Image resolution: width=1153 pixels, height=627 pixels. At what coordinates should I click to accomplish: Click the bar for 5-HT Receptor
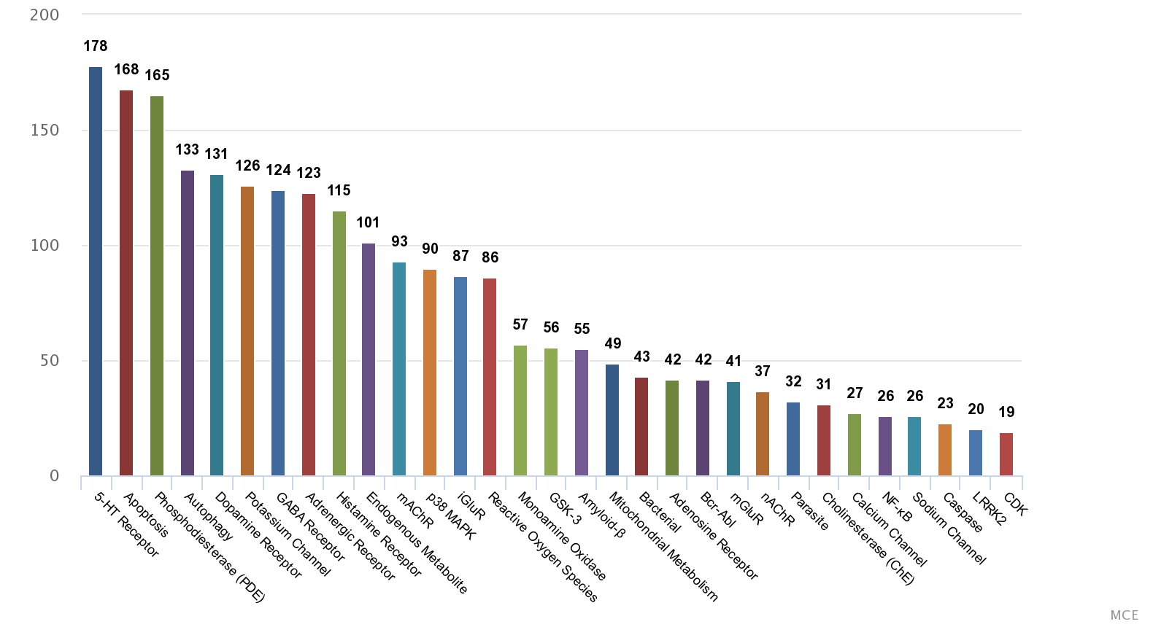pyautogui.click(x=96, y=271)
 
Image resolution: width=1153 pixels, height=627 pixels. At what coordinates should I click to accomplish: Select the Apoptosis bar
pyautogui.click(x=126, y=283)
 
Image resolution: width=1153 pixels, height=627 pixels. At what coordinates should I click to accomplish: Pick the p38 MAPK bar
pyautogui.click(x=430, y=373)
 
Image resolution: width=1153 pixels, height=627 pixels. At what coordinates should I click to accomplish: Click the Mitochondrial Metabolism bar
pyautogui.click(x=612, y=420)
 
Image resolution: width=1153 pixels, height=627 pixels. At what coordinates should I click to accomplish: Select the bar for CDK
pyautogui.click(x=1006, y=454)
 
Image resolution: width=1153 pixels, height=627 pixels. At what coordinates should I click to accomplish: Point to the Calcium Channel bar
pyautogui.click(x=855, y=445)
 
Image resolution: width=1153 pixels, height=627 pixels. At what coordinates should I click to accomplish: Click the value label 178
pyautogui.click(x=96, y=47)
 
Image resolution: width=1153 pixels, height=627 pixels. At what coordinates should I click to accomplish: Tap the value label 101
pyautogui.click(x=369, y=222)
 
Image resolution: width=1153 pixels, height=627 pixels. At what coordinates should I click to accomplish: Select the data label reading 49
pyautogui.click(x=612, y=343)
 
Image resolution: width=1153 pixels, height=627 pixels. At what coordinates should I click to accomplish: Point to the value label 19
pyautogui.click(x=1006, y=413)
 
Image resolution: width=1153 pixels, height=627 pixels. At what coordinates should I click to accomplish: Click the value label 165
pyautogui.click(x=157, y=75)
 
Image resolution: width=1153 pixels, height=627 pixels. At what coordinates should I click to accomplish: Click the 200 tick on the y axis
pyautogui.click(x=45, y=15)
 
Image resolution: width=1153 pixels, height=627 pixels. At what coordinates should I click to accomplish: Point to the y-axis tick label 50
pyautogui.click(x=50, y=361)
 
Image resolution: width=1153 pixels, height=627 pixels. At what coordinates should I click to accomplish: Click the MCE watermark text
pyautogui.click(x=1124, y=615)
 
